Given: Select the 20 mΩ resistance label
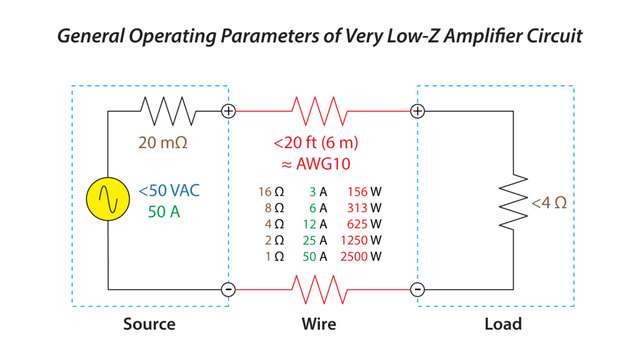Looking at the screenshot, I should click(x=163, y=142).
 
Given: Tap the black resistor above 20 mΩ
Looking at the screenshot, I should click(x=168, y=111).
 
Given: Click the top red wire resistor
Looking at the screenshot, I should click(x=319, y=111).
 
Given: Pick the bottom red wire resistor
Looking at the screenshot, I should click(x=319, y=290).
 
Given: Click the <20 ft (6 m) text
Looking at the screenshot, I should click(x=316, y=143).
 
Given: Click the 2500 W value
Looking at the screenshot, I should click(x=361, y=256).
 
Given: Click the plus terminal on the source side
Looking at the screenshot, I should click(x=229, y=111).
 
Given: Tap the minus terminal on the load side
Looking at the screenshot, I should click(x=418, y=290).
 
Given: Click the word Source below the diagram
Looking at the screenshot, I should click(x=149, y=324).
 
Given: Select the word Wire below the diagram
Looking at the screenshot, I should click(x=319, y=324).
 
